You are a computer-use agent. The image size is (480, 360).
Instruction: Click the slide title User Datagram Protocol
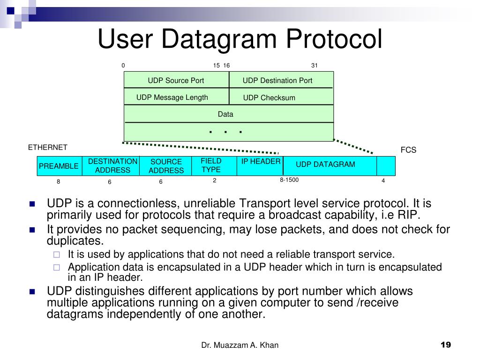[x=240, y=39]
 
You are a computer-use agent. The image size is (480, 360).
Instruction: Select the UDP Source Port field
[x=176, y=80]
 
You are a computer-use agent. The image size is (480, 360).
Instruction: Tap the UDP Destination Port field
[x=277, y=80]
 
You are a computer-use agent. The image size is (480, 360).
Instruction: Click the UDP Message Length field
[x=172, y=97]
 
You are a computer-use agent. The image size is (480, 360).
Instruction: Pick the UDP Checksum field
[x=269, y=97]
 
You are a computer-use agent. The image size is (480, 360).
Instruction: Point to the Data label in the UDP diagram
[x=225, y=114]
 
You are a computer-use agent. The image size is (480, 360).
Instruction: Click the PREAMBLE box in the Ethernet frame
[x=59, y=166]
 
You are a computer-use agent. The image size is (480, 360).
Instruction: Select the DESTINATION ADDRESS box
[x=112, y=166]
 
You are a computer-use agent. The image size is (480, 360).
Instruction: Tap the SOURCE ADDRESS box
[x=166, y=166]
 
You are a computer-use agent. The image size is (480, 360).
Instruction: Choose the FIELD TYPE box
[x=211, y=165]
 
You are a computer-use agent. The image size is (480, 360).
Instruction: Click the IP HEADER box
[x=261, y=162]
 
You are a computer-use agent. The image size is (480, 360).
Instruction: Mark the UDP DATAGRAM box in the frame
[x=325, y=164]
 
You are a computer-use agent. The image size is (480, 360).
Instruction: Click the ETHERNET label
[x=47, y=147]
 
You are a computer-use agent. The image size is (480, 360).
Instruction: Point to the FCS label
[x=408, y=150]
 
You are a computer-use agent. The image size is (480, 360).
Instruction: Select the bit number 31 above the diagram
[x=315, y=65]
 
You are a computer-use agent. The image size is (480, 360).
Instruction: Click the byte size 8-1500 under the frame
[x=289, y=180]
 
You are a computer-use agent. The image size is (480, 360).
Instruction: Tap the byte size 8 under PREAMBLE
[x=59, y=182]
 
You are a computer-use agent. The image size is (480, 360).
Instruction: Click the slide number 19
[x=446, y=345]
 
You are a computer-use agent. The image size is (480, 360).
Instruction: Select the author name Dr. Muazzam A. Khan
[x=240, y=345]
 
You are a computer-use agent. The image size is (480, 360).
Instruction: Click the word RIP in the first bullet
[x=409, y=215]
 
